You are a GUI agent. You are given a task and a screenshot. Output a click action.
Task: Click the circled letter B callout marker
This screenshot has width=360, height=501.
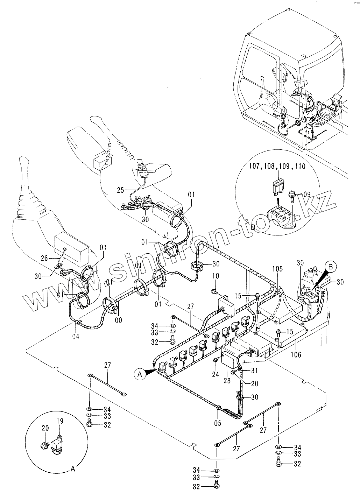[x=332, y=267]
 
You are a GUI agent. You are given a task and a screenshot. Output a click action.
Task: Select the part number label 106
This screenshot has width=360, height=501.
[x=296, y=355]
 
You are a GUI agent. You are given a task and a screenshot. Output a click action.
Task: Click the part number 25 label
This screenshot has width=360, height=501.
[x=120, y=190]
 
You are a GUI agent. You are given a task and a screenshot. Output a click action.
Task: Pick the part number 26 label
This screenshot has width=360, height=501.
[x=44, y=259]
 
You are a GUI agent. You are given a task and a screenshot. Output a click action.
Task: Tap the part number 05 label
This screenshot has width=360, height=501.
[x=218, y=423]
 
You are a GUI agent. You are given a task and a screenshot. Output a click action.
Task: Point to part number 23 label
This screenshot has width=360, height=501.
[x=227, y=381]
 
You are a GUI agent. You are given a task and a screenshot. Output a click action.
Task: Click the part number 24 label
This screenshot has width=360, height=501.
[x=215, y=374]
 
